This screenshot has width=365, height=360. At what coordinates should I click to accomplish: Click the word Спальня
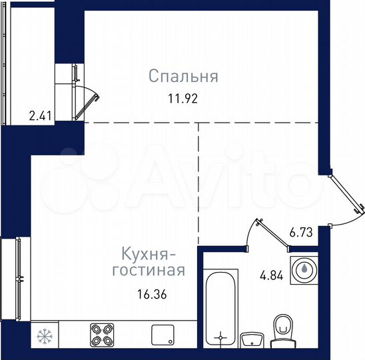click(183, 77)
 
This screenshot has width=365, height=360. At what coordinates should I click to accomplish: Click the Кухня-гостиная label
click(149, 262)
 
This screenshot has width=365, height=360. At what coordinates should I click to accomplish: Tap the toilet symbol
click(282, 329)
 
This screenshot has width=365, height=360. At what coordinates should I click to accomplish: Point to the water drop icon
click(304, 269)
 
